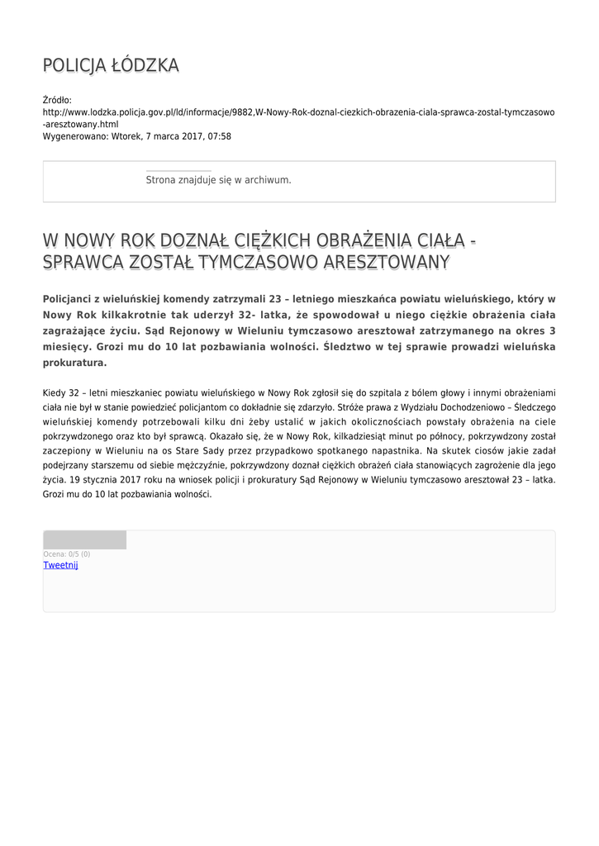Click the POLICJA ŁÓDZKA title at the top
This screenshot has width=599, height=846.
(x=111, y=65)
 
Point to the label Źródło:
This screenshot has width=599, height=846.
(x=57, y=100)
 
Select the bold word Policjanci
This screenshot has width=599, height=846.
(x=71, y=299)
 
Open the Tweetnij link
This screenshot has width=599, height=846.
(x=60, y=565)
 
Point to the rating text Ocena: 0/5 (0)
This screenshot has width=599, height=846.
(x=67, y=554)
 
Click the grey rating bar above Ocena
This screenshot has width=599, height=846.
(x=84, y=540)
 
